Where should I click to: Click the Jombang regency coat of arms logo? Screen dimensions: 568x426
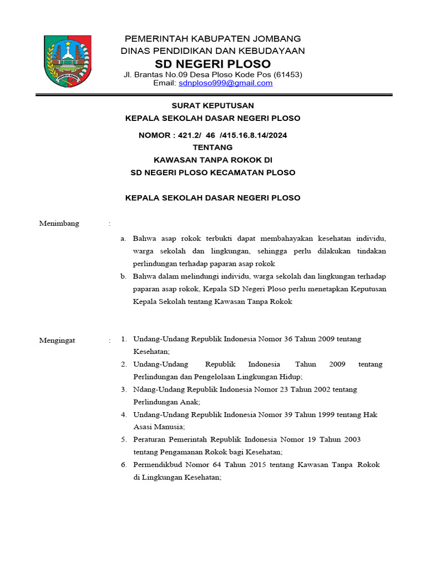coord(68,60)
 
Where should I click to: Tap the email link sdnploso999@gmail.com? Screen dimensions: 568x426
coord(225,83)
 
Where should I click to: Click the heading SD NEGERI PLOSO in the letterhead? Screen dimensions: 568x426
coord(213,63)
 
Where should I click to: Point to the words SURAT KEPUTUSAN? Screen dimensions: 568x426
coord(213,105)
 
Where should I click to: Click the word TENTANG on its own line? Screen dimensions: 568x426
coord(212,148)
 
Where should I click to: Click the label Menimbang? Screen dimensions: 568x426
coord(59,224)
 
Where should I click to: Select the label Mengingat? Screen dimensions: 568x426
coord(57,340)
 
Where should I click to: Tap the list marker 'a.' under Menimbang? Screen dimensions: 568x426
coord(124,239)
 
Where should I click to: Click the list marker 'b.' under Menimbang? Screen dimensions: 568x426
coord(124,276)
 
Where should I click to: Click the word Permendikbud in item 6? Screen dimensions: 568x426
coord(159,465)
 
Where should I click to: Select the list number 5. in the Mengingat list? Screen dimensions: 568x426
coord(124,439)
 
